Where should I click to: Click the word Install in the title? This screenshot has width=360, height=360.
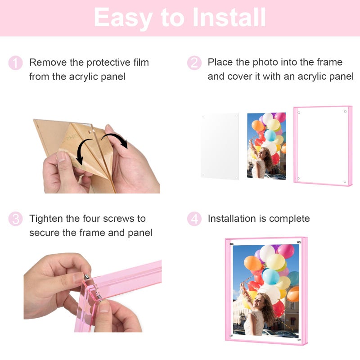[x=229, y=18]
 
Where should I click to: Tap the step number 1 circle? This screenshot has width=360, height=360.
[x=15, y=63]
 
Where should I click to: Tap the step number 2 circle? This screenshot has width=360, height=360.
[x=194, y=63]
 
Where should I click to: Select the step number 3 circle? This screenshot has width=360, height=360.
[x=15, y=219]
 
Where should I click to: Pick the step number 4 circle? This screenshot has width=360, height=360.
[x=194, y=219]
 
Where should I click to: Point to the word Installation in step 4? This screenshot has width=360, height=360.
[x=231, y=219]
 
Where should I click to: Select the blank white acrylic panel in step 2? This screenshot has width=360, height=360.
[x=220, y=146]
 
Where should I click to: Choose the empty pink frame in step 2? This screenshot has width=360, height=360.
[x=323, y=146]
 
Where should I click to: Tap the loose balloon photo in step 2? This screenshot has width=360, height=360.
[x=266, y=145]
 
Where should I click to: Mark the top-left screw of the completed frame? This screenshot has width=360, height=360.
[x=232, y=244]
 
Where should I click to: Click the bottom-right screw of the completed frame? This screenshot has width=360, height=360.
[x=299, y=340]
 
